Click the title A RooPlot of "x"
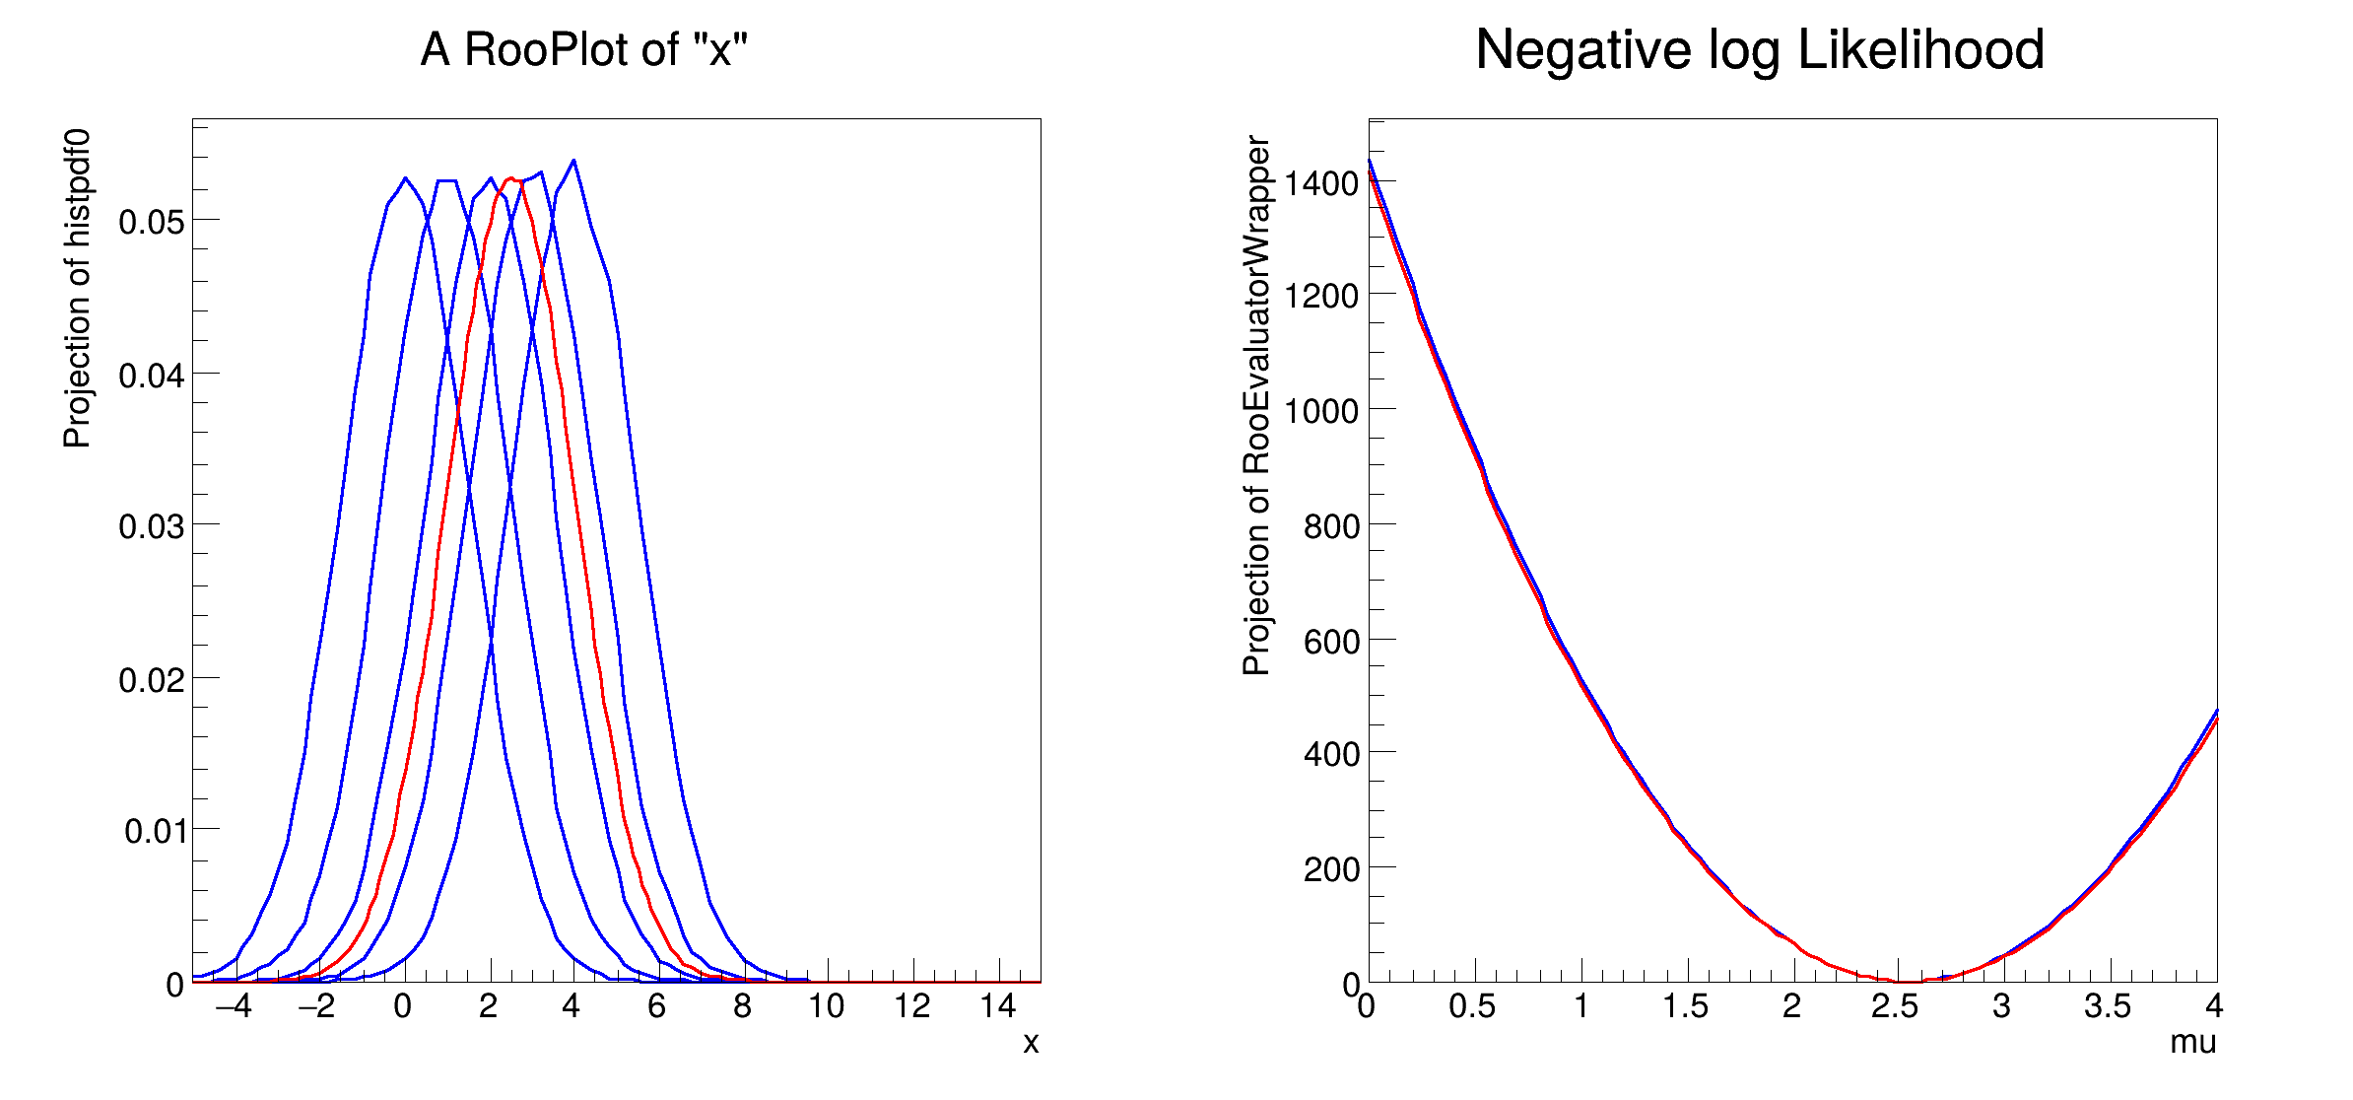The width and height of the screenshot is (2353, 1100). click(x=583, y=49)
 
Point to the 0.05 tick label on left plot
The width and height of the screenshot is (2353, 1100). click(x=151, y=223)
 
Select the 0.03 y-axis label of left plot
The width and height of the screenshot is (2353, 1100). click(x=151, y=527)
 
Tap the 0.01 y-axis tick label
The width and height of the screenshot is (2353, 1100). click(x=154, y=832)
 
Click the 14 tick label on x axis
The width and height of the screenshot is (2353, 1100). click(x=997, y=1006)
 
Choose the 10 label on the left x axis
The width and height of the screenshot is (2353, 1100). click(x=826, y=1006)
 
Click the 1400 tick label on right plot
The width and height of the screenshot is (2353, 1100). click(x=1321, y=183)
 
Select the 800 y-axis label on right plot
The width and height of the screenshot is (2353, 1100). click(x=1331, y=527)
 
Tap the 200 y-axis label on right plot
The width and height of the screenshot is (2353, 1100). click(x=1331, y=870)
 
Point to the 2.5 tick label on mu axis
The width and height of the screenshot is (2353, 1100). click(x=1894, y=1006)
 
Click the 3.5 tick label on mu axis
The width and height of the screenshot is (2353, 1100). click(x=2107, y=1006)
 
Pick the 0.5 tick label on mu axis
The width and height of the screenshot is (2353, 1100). click(x=1471, y=1006)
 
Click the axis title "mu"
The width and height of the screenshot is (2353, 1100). click(x=2192, y=1043)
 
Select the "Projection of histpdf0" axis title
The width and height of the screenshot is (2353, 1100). click(x=77, y=288)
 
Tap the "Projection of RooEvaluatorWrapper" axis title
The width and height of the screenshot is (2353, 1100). click(x=1256, y=405)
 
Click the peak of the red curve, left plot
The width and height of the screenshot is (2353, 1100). click(x=510, y=178)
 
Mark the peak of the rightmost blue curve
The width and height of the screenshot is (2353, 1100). click(x=573, y=161)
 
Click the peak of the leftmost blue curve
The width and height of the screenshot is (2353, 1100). click(x=405, y=178)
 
